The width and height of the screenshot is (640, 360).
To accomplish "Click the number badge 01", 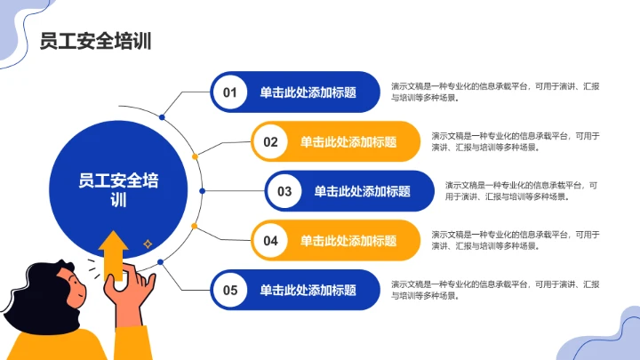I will [x=230, y=92].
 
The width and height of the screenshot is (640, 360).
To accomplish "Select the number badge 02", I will [x=271, y=141].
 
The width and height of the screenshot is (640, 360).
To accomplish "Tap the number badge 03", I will [x=284, y=191].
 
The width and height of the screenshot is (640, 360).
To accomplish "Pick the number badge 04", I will [x=271, y=240].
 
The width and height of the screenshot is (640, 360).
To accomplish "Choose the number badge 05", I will [x=230, y=290].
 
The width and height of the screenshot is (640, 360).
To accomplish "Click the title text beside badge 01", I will [x=308, y=92].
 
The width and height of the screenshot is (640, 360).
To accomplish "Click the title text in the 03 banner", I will [x=362, y=191].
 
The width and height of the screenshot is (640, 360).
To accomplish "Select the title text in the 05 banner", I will [x=308, y=290].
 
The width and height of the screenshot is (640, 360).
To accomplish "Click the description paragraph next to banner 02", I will [x=516, y=141].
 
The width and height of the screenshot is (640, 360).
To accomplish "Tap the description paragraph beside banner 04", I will [x=516, y=240].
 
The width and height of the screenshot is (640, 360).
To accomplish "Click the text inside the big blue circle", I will [x=118, y=190].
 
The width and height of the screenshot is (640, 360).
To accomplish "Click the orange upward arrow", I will [x=113, y=253].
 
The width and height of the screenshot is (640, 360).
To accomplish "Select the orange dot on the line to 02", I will [x=195, y=156].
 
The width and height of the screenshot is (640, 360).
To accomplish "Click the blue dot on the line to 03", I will [x=202, y=191].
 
